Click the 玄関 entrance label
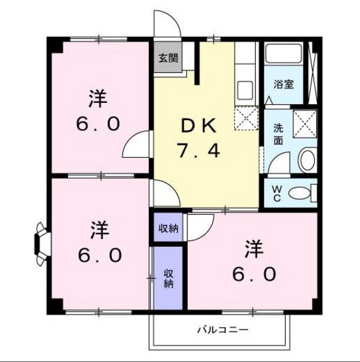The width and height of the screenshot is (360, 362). click(x=167, y=56)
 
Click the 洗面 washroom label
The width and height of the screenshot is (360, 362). click(x=278, y=134)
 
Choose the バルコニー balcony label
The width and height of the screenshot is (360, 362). click(x=222, y=330)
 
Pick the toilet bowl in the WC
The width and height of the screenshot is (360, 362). click(x=299, y=193)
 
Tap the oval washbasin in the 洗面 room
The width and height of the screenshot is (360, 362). click(x=306, y=160)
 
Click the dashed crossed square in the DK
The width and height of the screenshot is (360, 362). click(x=246, y=118)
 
